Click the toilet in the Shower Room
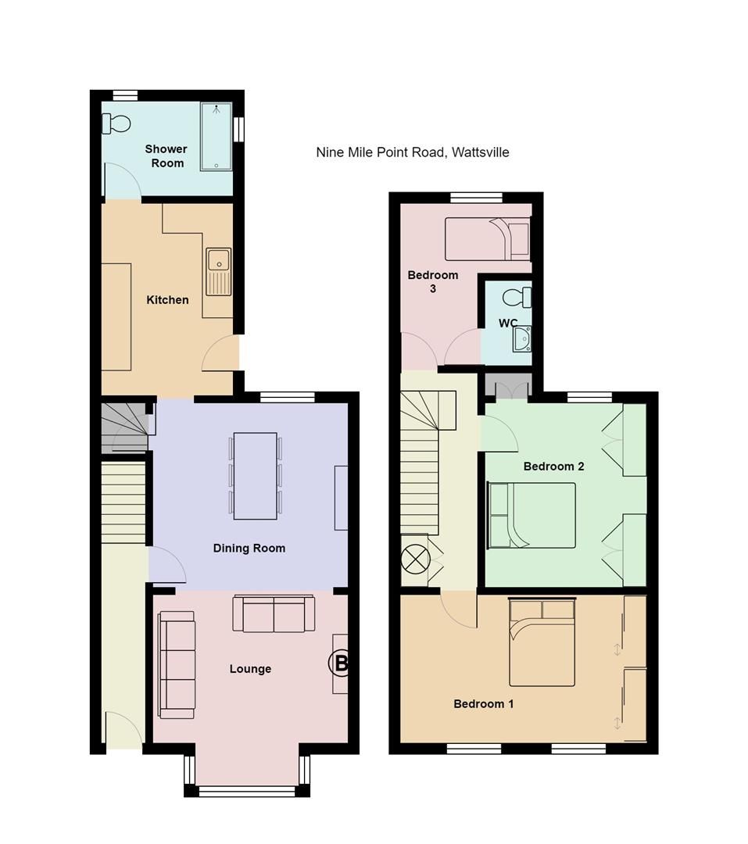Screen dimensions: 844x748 [x=116, y=123]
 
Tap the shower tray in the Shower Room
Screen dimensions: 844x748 [x=216, y=137]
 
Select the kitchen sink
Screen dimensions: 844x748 [x=219, y=271]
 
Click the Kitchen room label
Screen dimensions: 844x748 [x=167, y=300]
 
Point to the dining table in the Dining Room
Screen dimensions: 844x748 [x=255, y=476]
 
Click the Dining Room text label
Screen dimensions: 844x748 [x=249, y=549]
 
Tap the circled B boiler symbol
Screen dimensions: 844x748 [x=340, y=664]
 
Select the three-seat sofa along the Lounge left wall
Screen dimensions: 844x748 [x=176, y=664]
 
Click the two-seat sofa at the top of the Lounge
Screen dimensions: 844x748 [x=274, y=614]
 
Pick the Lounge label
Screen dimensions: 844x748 [x=250, y=669]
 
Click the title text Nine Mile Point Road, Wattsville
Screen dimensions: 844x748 [x=412, y=152]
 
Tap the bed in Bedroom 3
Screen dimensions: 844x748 [x=487, y=239]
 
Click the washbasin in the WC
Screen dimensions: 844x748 [x=522, y=338]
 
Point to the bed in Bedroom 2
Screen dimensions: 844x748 [x=531, y=516]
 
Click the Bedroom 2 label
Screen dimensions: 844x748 [x=553, y=467]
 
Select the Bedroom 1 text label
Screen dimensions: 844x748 [x=484, y=704]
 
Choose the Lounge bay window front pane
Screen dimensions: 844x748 [x=247, y=792]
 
